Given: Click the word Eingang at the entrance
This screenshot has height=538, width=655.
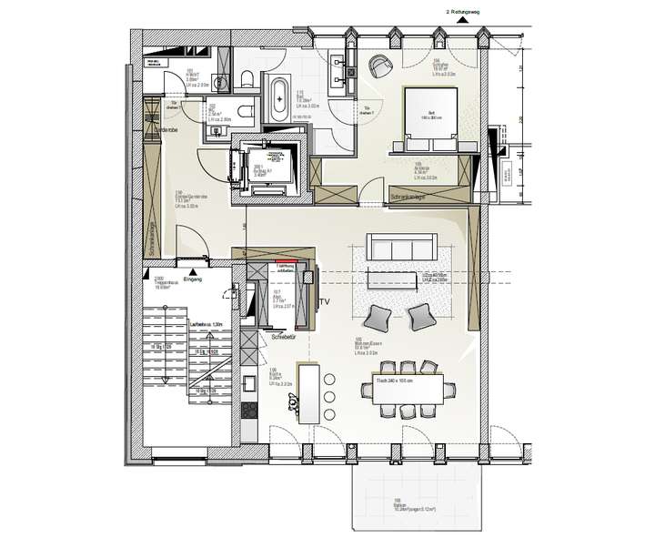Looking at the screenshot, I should click(193, 279).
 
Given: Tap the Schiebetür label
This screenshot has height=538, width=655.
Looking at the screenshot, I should click(284, 338).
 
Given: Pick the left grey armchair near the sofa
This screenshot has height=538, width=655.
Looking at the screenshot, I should click(378, 317).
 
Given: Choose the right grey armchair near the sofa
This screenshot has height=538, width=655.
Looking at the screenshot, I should click(420, 317).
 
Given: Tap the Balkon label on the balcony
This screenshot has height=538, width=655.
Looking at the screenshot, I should click(398, 500).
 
